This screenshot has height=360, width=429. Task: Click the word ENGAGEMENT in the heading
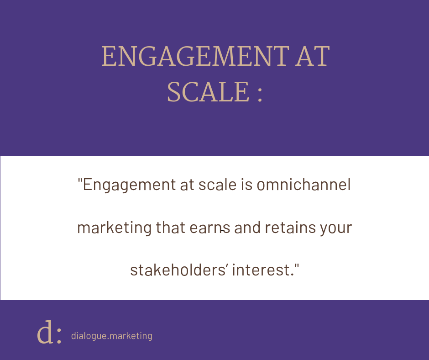pos(195,56)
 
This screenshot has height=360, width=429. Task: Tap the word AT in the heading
pos(313,56)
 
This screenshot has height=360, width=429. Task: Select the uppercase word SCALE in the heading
pos(208,92)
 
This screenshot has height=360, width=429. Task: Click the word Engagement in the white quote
pos(129,185)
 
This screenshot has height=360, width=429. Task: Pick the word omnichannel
pos(303,185)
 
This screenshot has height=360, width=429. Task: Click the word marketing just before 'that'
pos(115,228)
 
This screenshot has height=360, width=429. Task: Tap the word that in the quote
pos(170,228)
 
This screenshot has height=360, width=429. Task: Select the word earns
pos(210,228)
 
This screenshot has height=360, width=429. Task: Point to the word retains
pos(290,228)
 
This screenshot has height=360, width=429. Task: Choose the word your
pos(336,229)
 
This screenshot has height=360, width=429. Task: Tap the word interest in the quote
pos(261,270)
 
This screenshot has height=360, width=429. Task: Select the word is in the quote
pos(246,185)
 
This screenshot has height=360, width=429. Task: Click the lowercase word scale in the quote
pos(217,185)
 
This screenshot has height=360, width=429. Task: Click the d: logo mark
pos(49,332)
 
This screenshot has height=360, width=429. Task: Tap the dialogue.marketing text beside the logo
pos(112,336)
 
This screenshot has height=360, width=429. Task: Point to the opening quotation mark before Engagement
pos(80,181)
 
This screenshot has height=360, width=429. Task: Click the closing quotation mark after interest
pos(297,266)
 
